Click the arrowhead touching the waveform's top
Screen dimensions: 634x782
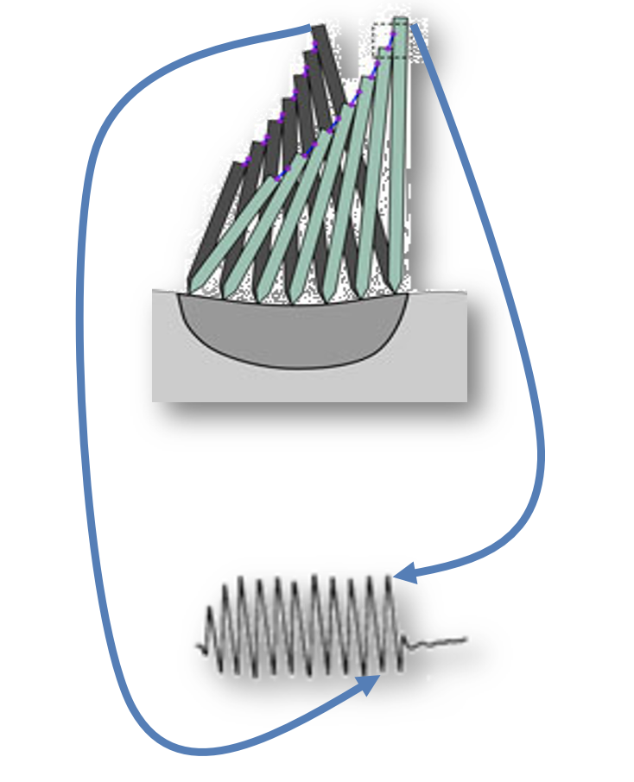pyautogui.click(x=402, y=571)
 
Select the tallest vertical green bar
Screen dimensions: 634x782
pyautogui.click(x=399, y=155)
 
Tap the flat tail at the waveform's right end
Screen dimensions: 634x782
pyautogui.click(x=441, y=642)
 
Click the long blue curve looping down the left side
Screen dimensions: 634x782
pyautogui.click(x=84, y=388)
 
